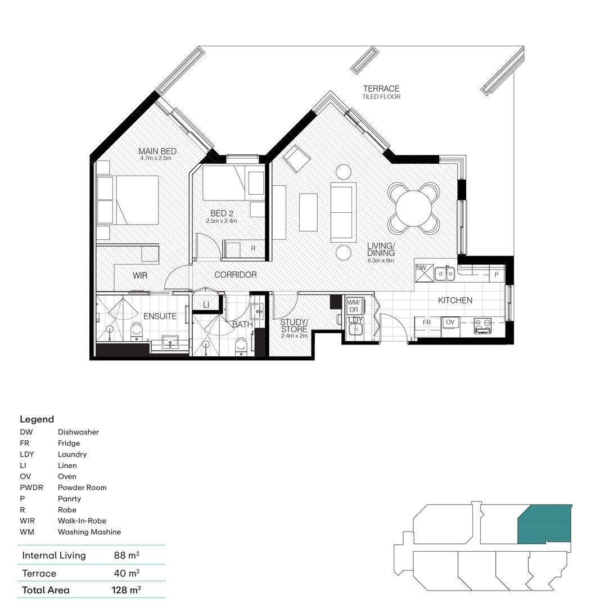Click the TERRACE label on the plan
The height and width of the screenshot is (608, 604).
381,89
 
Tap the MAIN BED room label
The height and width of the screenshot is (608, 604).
157,151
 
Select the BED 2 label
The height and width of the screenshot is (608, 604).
222,213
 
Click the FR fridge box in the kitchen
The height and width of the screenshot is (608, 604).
426,322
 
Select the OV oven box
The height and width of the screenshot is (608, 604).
450,322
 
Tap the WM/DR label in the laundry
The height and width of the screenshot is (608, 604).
353,306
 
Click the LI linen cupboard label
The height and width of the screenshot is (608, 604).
206,305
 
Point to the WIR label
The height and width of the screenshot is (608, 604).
140,276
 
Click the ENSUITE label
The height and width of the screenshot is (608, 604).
160,316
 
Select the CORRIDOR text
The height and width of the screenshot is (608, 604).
236,275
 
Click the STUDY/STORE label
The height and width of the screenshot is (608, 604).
294,325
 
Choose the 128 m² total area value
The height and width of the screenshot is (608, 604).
126,590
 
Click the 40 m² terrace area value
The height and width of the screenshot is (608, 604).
126,573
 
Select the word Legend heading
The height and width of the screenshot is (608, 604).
37,419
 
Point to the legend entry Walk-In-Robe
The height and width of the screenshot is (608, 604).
82,521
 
